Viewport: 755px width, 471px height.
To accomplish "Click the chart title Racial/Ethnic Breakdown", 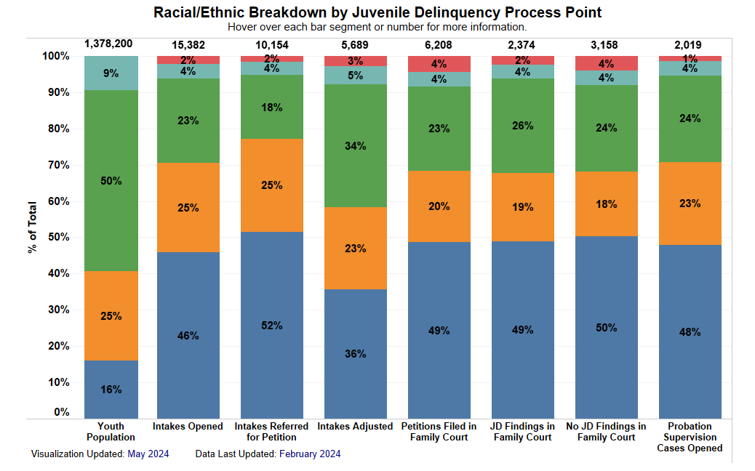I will [377, 12].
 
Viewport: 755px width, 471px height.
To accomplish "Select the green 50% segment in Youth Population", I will [111, 180].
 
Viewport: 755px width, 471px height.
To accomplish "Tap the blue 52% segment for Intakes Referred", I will [272, 325].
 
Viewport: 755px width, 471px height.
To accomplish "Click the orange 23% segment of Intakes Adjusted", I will [356, 248].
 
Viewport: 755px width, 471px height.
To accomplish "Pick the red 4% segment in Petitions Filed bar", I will [439, 63].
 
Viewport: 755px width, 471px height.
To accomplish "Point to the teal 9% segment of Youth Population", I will [111, 73].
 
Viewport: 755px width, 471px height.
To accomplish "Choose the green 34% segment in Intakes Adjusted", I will [356, 145].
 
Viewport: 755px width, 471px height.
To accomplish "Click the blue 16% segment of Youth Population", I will [111, 389].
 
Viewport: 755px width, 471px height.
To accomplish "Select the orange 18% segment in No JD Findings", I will [606, 204].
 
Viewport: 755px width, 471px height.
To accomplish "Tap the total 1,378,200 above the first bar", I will [109, 44].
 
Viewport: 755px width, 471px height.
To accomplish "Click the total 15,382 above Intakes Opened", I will [188, 45].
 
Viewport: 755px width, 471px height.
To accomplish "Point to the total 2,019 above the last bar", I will [690, 45].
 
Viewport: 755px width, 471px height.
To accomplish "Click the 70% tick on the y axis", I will [56, 165].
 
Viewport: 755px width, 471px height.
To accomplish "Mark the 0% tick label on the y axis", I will [60, 412].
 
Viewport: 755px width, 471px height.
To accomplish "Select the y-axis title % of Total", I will [32, 228].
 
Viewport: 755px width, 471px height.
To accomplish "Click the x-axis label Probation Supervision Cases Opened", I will [690, 437].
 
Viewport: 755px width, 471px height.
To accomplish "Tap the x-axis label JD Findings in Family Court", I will [522, 431].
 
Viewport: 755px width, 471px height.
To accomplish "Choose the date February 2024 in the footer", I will [310, 454].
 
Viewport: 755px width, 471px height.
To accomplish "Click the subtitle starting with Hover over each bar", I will [377, 27].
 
